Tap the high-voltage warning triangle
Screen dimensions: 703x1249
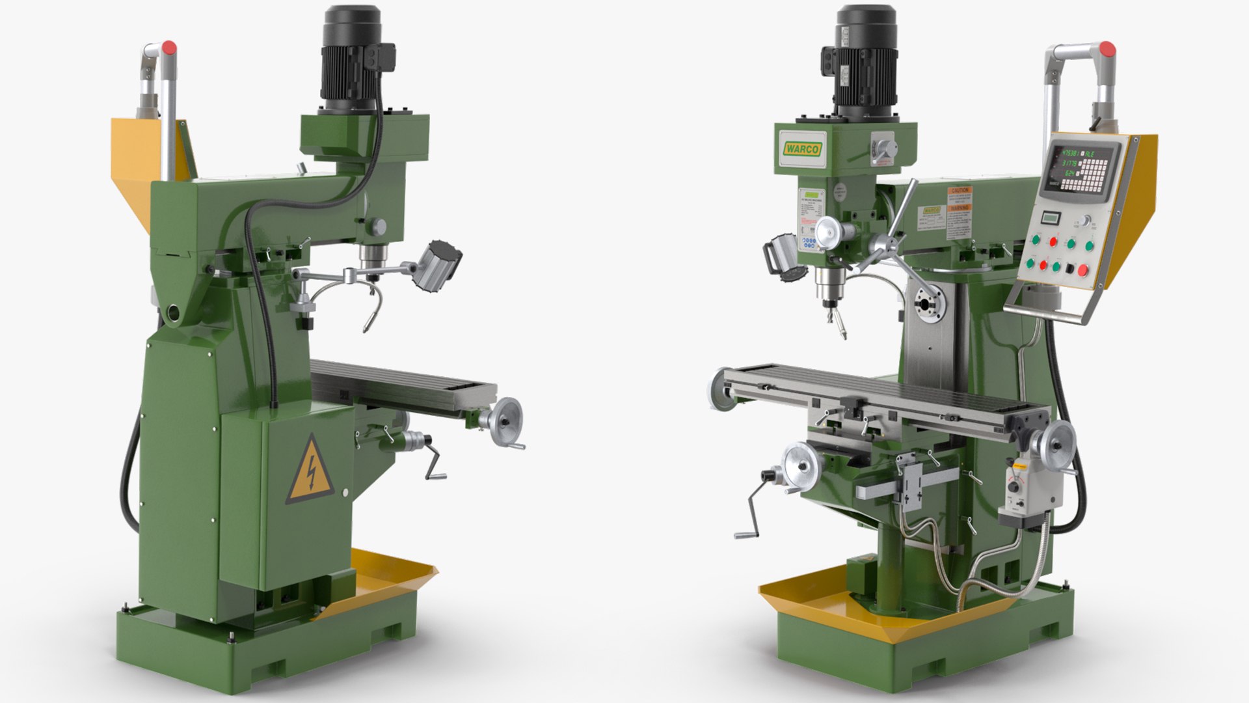[311, 471]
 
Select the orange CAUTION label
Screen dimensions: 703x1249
[960, 191]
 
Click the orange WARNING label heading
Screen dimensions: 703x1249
[960, 208]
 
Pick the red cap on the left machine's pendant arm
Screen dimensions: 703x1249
[168, 48]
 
